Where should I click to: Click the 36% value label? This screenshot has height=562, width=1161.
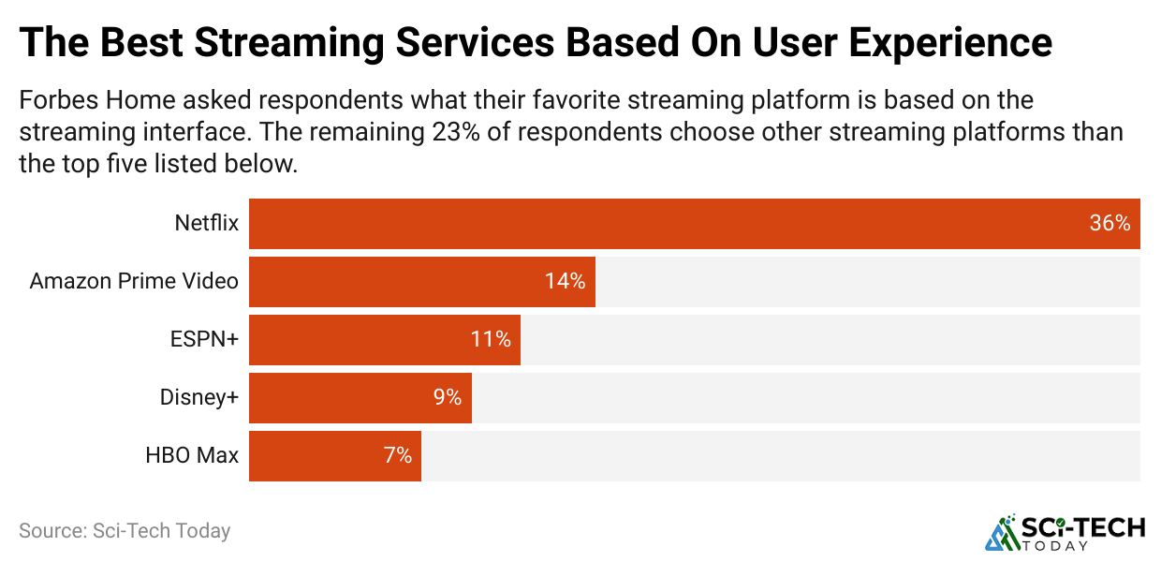point(1110,224)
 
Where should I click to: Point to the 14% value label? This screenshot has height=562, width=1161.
point(565,282)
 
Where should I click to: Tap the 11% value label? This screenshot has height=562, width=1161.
point(491,340)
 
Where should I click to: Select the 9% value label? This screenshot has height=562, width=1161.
point(447,398)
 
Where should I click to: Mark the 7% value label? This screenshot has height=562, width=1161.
point(397,456)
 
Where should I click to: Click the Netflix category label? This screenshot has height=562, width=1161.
point(206,224)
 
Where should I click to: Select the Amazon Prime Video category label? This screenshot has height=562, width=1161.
point(134,281)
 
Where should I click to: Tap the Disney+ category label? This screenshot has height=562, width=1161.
point(198,398)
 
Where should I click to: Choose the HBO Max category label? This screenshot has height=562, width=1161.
point(192,456)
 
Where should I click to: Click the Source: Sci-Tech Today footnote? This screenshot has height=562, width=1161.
point(125,530)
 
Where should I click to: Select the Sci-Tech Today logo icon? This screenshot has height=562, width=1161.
point(1003,531)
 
